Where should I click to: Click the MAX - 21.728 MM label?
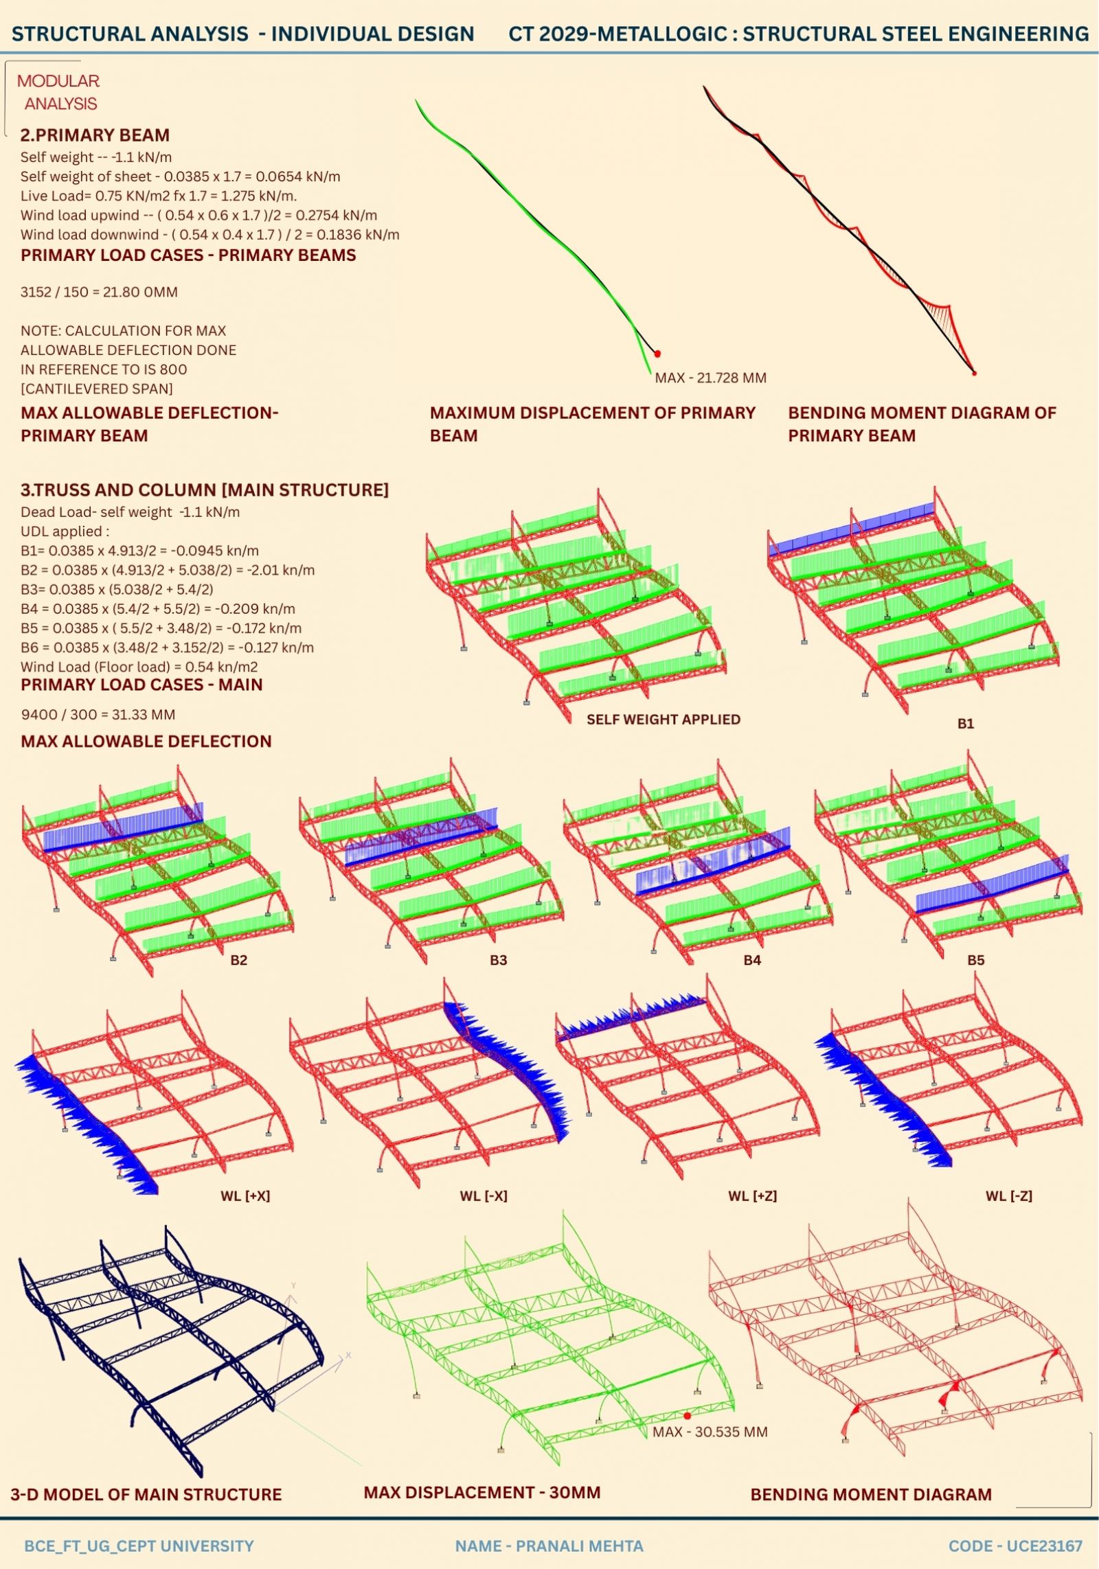pos(710,378)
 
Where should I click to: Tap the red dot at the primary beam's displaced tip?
pos(657,354)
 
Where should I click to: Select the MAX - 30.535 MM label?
pos(710,1432)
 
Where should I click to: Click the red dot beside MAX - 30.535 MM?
pos(687,1415)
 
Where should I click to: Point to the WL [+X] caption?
pos(245,1195)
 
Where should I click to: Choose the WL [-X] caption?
pos(484,1195)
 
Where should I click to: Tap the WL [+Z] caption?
pos(752,1195)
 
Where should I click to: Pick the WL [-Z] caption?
pos(1008,1195)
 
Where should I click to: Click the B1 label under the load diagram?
pos(965,724)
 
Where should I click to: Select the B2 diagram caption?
pos(238,960)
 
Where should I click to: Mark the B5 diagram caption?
pos(975,960)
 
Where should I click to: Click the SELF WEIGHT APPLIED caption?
pos(663,719)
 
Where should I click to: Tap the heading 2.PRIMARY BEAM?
pos(95,135)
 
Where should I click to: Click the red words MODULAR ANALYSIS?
pos(58,93)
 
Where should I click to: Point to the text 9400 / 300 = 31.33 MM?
pos(98,714)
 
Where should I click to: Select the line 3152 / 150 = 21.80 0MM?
pos(99,292)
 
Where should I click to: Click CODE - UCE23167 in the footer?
pos(1015,1546)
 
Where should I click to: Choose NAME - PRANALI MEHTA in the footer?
pos(549,1546)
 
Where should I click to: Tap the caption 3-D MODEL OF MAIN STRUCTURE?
pos(146,1494)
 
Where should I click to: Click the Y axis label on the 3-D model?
pos(293,1285)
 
